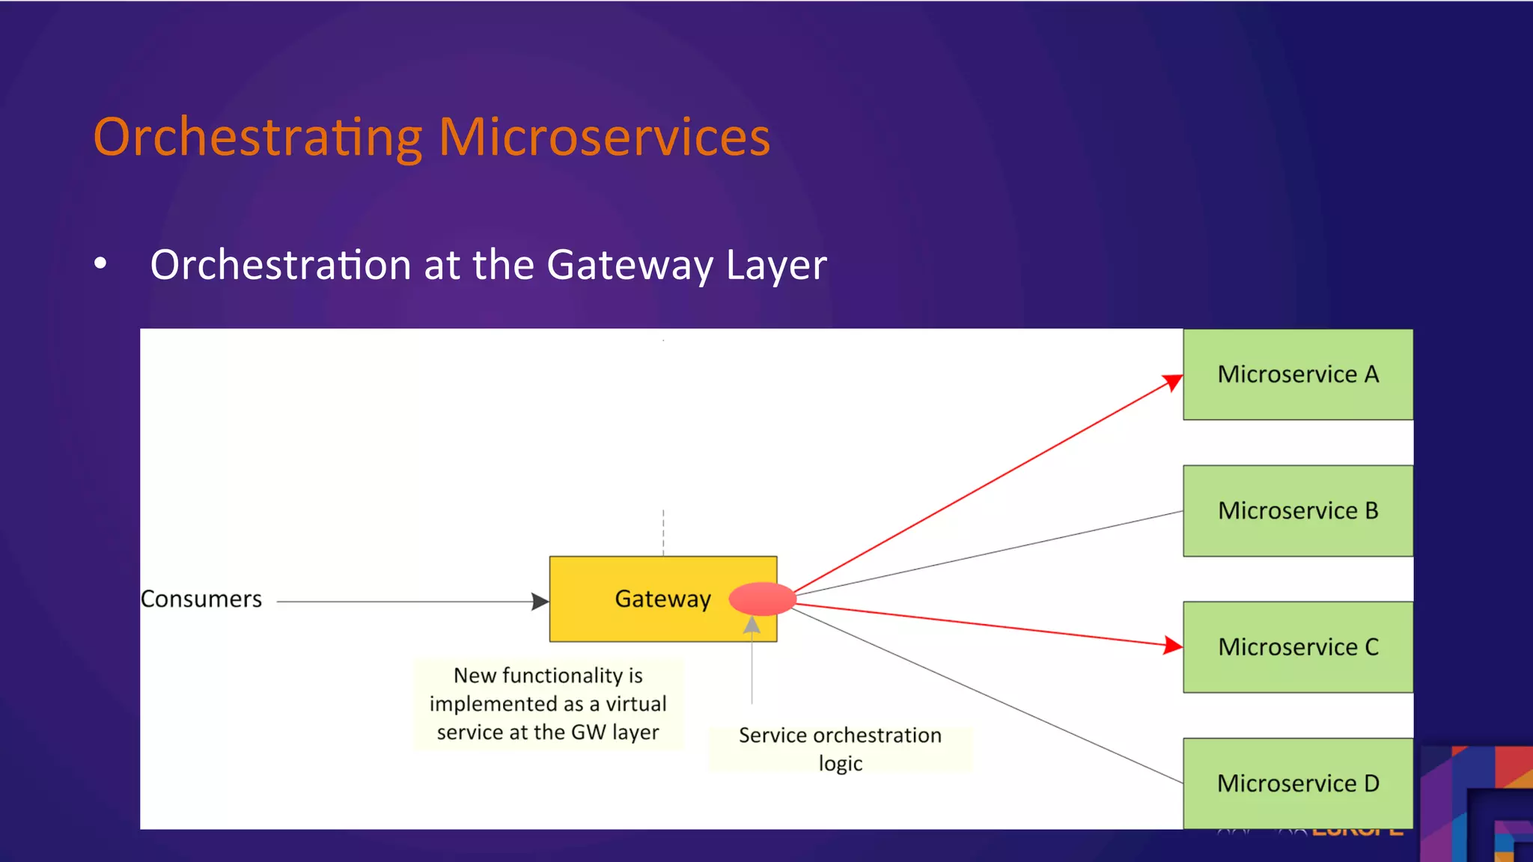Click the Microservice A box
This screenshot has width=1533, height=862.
[x=1297, y=374]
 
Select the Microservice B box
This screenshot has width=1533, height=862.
[x=1297, y=510]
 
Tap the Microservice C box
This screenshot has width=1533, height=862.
[x=1297, y=646]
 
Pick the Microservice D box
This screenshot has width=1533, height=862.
[x=1297, y=783]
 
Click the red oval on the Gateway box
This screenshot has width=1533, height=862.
[x=762, y=599]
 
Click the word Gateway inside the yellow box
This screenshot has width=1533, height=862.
[x=662, y=599]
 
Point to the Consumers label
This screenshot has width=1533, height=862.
[x=201, y=599]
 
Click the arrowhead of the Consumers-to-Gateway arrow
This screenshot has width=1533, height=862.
[x=540, y=601]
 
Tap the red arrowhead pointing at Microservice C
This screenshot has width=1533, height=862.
[x=1172, y=645]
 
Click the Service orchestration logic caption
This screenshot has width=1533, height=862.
[x=840, y=748]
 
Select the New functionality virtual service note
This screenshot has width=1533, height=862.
[x=548, y=703]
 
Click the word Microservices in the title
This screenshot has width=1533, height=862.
[x=603, y=138]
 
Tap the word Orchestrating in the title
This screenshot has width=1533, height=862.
[x=257, y=138]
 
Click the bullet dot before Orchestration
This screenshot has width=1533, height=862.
[x=101, y=263]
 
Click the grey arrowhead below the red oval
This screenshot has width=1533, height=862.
[x=752, y=625]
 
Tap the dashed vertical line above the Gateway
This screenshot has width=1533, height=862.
[x=663, y=533]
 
